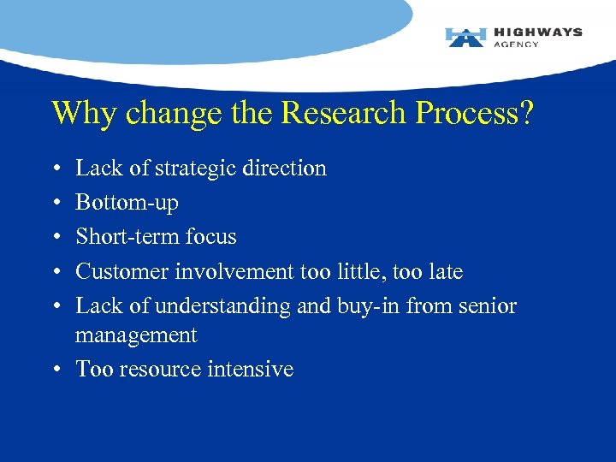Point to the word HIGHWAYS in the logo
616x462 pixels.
point(537,32)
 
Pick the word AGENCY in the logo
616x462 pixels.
point(516,44)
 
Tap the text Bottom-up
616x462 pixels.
point(127,203)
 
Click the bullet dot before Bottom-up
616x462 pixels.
point(56,204)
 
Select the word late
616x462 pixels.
point(444,272)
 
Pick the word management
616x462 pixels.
point(136,335)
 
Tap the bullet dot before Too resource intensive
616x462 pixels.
point(56,370)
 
